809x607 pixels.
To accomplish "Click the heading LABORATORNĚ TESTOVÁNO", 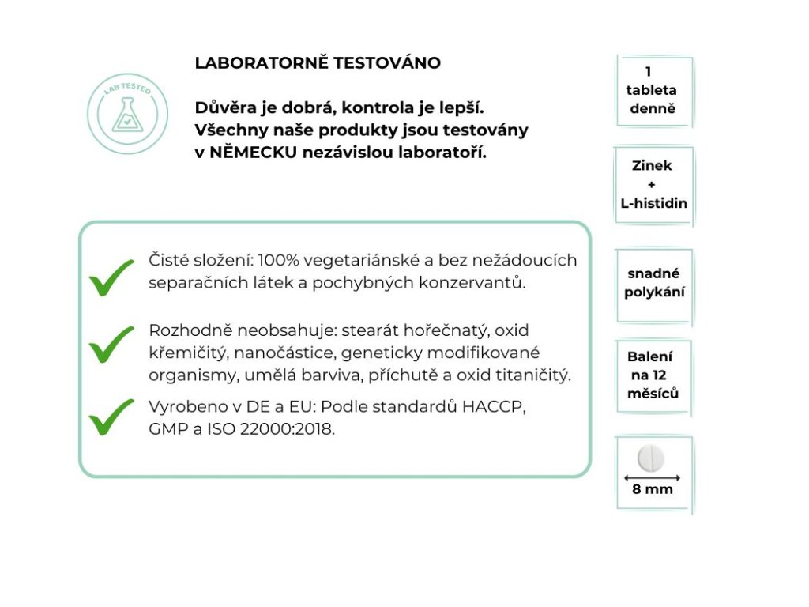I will (x=318, y=63).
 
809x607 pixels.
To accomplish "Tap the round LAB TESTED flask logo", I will (x=127, y=113).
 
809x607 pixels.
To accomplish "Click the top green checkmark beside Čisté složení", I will (x=111, y=277).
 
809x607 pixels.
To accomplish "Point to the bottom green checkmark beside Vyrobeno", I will (x=111, y=417).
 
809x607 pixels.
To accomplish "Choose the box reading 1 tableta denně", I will (x=653, y=90).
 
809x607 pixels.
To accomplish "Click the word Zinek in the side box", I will (x=653, y=166).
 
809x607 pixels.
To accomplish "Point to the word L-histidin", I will (x=653, y=203).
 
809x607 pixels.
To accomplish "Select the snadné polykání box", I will (x=653, y=283).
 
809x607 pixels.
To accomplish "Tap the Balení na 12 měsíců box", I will (x=653, y=375).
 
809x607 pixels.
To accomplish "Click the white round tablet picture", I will (x=653, y=458).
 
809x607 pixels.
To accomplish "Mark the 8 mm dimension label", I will (x=653, y=489).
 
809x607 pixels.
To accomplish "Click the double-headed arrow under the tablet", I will (x=653, y=477).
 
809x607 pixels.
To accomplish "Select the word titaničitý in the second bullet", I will (x=531, y=375).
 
